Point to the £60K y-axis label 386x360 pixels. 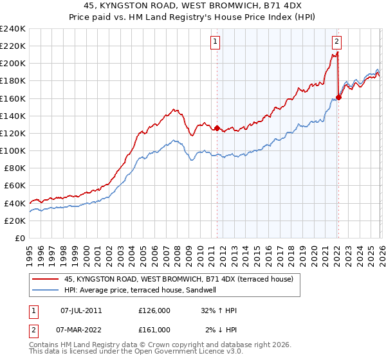click(x=14, y=185)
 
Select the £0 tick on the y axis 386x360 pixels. click(x=20, y=238)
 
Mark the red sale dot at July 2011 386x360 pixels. click(x=217, y=128)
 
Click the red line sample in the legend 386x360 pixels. click(x=46, y=279)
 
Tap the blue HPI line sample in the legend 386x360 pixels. click(x=46, y=290)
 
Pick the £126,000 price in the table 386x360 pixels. click(x=154, y=310)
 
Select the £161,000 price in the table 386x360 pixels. click(x=154, y=330)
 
